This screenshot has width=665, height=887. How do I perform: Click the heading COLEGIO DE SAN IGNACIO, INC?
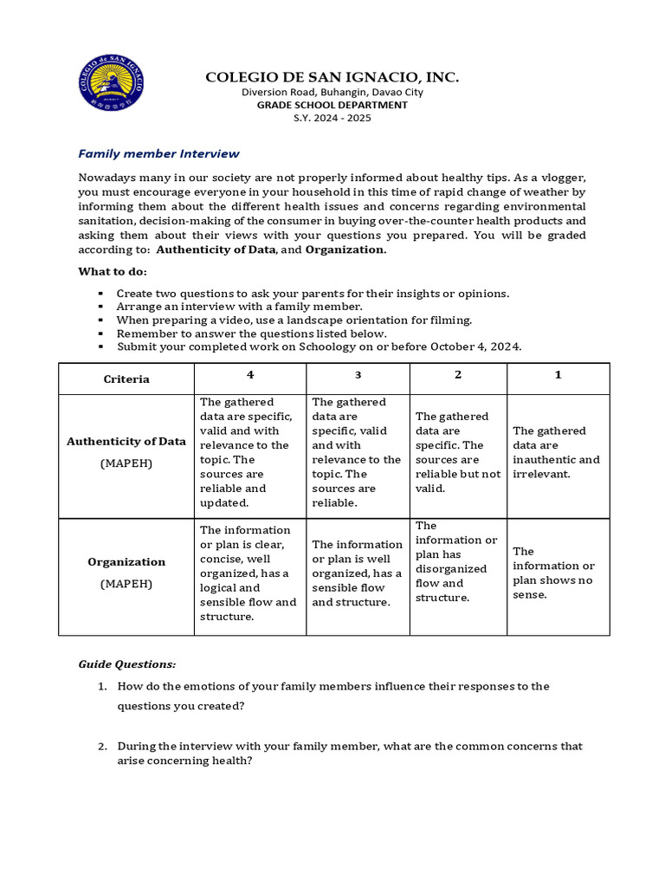coord(332,78)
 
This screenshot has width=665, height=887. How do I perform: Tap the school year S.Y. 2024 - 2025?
coord(332,118)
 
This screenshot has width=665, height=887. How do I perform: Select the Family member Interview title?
coord(158,153)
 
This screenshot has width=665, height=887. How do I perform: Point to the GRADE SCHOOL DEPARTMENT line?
coord(332,105)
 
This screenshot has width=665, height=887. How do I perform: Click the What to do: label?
coord(113,272)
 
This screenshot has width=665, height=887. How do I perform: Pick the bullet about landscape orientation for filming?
coord(294,320)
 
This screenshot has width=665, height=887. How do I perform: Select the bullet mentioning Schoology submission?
coord(319,346)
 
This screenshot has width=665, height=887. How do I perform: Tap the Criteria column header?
coord(126,379)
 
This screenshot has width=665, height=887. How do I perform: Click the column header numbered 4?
coord(249,375)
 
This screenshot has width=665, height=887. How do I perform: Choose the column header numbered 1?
coord(558,375)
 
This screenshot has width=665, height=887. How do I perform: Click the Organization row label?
coord(126,561)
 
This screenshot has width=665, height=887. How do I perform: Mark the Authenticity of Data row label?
coord(126,441)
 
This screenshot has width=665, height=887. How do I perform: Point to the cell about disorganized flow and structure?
coord(457,561)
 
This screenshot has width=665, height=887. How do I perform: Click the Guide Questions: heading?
coord(126,664)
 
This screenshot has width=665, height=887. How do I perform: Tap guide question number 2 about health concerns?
coord(349,753)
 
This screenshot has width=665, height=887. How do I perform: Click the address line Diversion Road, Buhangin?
coord(332,93)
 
